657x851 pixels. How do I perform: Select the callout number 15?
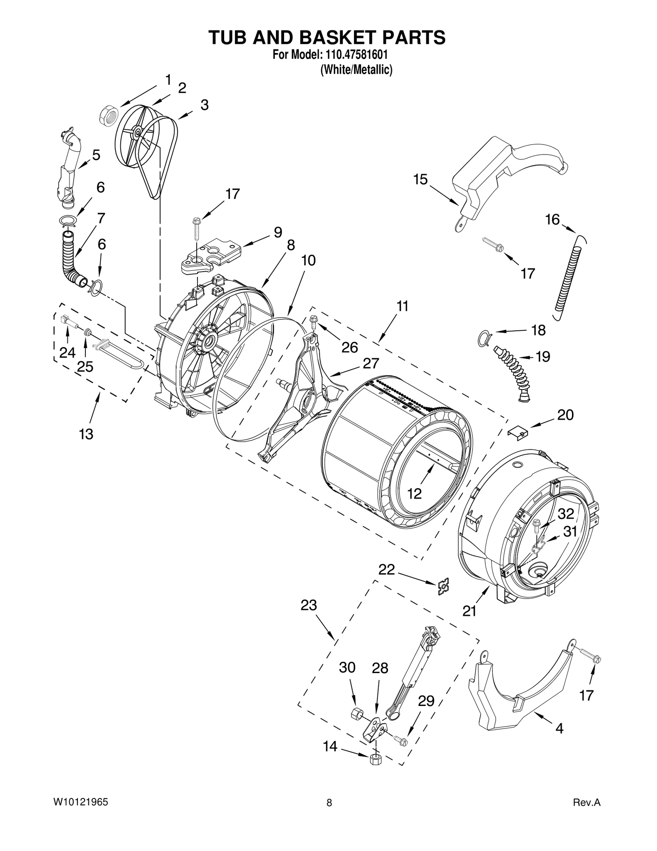pos(420,180)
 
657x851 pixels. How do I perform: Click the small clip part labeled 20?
pos(518,432)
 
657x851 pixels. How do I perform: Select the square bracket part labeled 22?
pos(443,586)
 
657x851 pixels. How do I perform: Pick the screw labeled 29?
pos(400,740)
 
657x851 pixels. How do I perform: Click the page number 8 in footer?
pos(329,803)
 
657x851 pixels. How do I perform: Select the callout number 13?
pos(86,434)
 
